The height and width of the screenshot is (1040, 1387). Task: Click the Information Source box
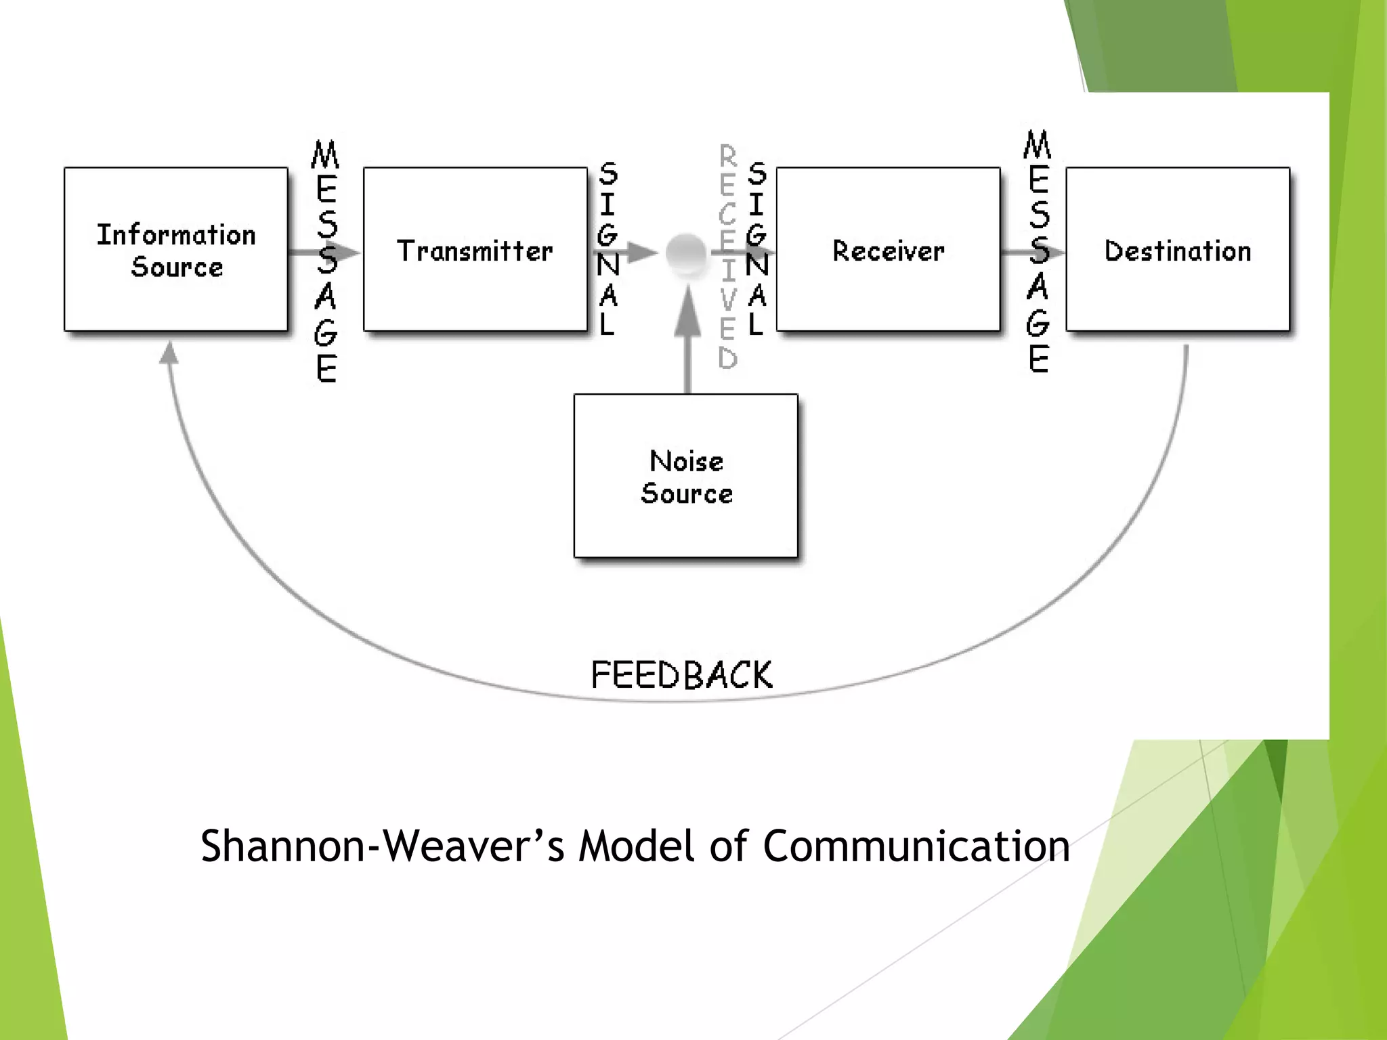click(x=176, y=249)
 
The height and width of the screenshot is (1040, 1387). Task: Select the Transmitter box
click(x=475, y=249)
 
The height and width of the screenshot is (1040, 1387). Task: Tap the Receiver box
click(x=888, y=249)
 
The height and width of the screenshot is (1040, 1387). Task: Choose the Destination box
click(x=1177, y=249)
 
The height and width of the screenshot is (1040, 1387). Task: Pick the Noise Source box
click(x=685, y=476)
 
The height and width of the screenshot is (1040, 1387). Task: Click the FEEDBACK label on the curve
click(x=681, y=675)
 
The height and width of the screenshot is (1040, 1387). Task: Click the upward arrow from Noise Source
click(x=688, y=318)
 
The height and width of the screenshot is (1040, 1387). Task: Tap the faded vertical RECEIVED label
click(x=727, y=257)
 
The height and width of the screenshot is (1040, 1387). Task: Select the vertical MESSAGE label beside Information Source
click(x=326, y=261)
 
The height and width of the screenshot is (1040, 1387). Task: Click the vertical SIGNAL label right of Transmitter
click(x=607, y=249)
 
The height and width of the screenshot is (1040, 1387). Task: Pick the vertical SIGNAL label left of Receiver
click(x=756, y=249)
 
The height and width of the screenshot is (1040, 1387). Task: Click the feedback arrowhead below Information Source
click(x=169, y=353)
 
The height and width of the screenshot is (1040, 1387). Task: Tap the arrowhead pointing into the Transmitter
click(x=348, y=253)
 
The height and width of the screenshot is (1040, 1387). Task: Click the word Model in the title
click(x=637, y=846)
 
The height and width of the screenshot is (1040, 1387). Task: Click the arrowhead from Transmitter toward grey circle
click(x=642, y=253)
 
